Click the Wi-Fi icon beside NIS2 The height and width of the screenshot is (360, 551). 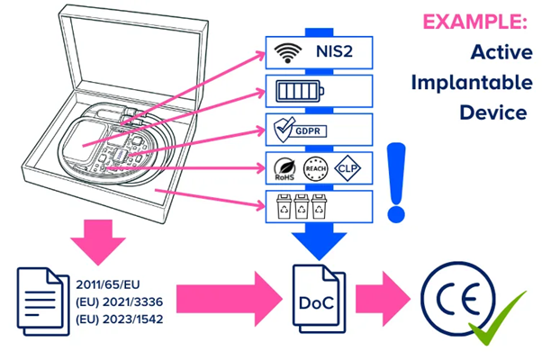pos(288,53)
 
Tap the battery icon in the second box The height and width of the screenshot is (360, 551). pos(300,91)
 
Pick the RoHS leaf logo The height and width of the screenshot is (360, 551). pos(285,168)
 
